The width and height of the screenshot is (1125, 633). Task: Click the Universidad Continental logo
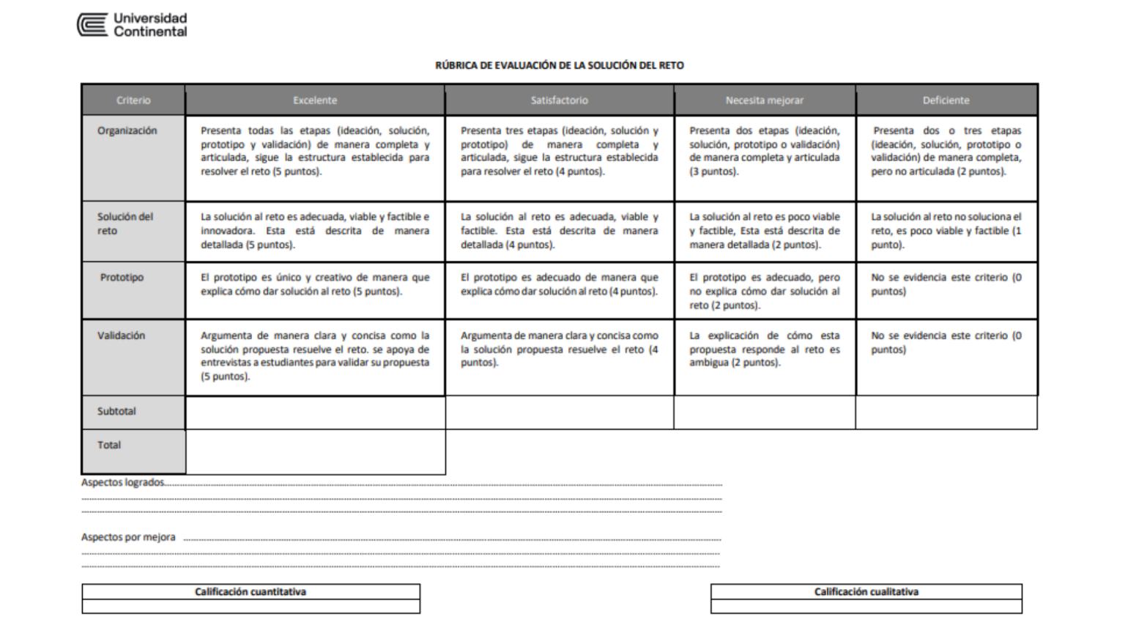click(x=133, y=25)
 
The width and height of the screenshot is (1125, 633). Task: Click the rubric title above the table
click(x=559, y=65)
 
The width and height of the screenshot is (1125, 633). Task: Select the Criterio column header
click(x=133, y=100)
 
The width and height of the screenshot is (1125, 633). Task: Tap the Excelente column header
click(x=315, y=100)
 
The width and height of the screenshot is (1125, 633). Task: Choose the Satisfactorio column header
click(x=559, y=100)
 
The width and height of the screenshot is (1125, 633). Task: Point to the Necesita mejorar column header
click(x=764, y=100)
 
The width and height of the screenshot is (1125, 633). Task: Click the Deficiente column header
click(x=946, y=100)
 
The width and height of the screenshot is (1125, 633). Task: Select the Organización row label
click(x=127, y=130)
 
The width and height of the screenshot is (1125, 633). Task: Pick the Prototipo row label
click(x=122, y=278)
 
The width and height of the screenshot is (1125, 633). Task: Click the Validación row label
click(x=122, y=336)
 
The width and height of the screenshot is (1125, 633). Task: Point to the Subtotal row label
click(x=116, y=412)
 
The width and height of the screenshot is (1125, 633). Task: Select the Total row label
click(x=109, y=445)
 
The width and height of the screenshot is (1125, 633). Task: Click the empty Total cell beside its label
click(x=315, y=451)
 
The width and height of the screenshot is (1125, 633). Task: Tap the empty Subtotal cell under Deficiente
click(x=946, y=412)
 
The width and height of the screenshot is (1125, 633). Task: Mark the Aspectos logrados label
click(x=122, y=483)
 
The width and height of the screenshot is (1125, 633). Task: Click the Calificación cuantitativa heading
click(x=250, y=592)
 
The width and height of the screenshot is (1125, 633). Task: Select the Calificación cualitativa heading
click(x=866, y=592)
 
